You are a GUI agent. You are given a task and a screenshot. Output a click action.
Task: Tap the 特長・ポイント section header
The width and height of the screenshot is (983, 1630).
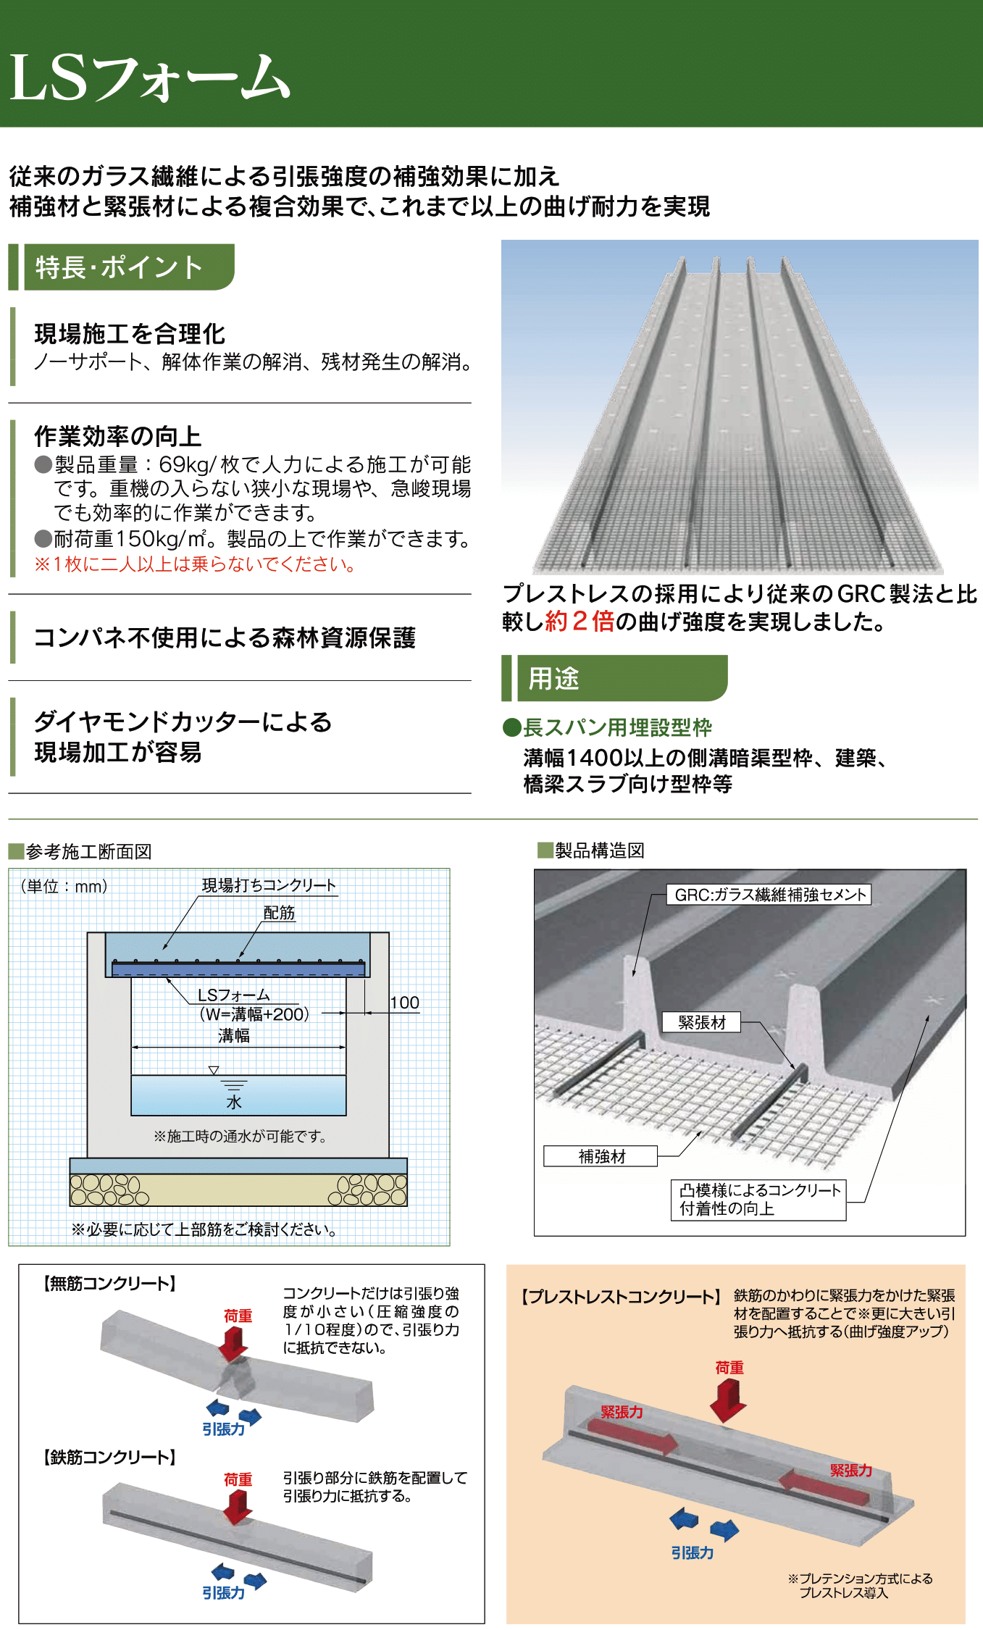120,267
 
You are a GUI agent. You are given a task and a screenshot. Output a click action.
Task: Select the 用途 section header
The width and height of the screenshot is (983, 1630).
553,678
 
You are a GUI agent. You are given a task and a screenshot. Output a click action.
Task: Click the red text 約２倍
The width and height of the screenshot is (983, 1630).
579,622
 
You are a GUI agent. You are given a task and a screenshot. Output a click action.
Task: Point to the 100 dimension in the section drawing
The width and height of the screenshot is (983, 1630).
404,1003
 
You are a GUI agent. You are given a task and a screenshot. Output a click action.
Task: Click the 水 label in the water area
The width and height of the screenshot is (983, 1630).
233,1102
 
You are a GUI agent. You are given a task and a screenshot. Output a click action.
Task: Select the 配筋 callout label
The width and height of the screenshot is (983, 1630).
279,913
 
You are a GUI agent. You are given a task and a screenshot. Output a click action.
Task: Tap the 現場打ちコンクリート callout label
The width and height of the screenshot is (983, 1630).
269,885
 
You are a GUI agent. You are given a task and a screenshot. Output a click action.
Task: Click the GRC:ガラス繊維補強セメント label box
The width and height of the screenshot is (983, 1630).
769,895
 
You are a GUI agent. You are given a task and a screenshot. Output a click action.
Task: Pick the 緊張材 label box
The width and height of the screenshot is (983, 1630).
701,1022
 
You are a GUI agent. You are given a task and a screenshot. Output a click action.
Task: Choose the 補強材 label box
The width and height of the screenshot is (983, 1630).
601,1156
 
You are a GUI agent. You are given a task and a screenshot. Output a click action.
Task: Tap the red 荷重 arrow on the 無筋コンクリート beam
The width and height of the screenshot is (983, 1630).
233,1344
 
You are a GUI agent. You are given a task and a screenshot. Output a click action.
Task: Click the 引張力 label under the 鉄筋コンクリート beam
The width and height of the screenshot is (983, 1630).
223,1592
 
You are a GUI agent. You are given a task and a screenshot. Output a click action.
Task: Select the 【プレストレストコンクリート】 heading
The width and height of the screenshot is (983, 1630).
621,1297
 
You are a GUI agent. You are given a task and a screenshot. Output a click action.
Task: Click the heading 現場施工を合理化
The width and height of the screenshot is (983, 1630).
130,334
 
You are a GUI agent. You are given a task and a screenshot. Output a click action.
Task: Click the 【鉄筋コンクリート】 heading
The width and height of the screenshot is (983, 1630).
109,1457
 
